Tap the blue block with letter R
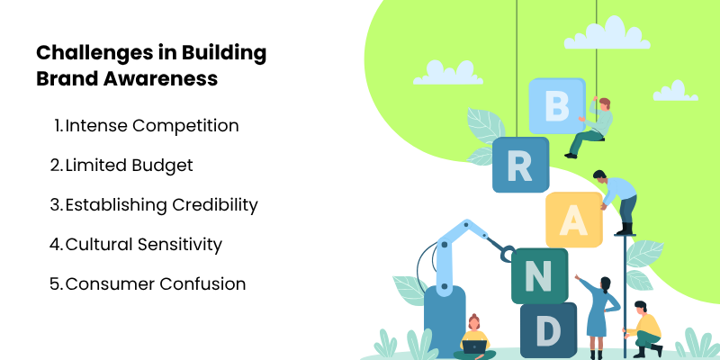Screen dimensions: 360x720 tap(520, 164)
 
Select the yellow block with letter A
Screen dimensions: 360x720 tap(573, 220)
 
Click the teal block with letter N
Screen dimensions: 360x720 tap(538, 275)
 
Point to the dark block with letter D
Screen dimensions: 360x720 tap(547, 330)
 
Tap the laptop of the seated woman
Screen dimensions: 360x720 tap(474, 346)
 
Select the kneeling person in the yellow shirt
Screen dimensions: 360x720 tap(645, 328)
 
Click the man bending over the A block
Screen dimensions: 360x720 tap(617, 198)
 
